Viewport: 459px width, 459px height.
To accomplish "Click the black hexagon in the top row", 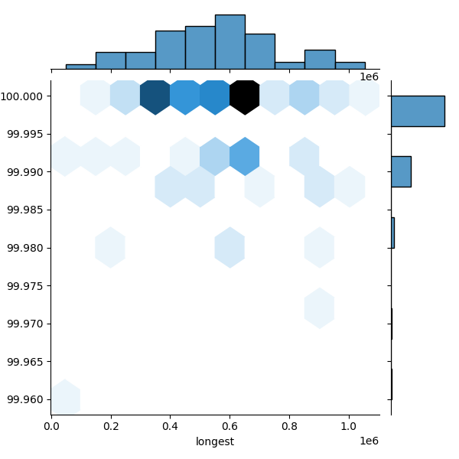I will click(245, 96).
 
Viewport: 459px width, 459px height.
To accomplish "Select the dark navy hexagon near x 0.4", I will click(155, 96).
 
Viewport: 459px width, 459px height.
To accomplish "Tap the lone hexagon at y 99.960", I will click(66, 398).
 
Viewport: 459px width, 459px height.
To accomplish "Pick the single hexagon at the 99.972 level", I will click(319, 308).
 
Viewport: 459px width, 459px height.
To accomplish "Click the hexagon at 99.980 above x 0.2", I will click(110, 247).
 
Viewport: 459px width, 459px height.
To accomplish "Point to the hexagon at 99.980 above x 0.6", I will click(229, 247).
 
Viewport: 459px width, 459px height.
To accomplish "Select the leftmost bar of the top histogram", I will click(80, 67).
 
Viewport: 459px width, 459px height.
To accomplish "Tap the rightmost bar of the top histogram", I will click(350, 66).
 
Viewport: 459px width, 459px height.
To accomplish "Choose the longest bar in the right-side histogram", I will click(418, 111).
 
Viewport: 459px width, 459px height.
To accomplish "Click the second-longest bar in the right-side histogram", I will click(401, 171).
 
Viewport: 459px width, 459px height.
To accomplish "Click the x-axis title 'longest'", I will click(215, 441).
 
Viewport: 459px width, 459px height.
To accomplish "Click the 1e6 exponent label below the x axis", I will click(369, 441).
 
